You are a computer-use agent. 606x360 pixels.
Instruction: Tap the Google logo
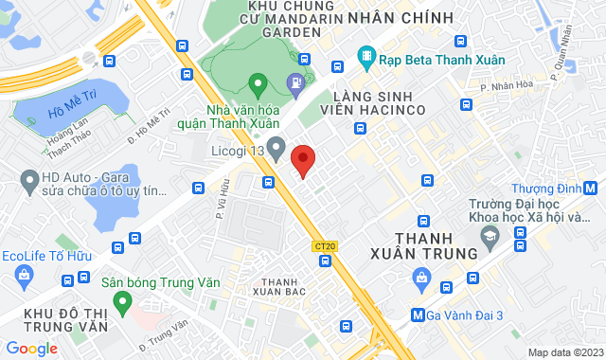pyautogui.click(x=31, y=349)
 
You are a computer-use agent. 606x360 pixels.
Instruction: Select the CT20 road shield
pyautogui.click(x=324, y=246)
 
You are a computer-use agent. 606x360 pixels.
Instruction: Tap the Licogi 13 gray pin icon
pyautogui.click(x=276, y=148)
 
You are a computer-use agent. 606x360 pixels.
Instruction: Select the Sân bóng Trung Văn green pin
pyautogui.click(x=121, y=302)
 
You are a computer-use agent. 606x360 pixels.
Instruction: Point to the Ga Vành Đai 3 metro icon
pyautogui.click(x=418, y=315)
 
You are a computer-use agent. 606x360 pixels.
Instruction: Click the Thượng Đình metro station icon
pyautogui.click(x=590, y=187)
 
